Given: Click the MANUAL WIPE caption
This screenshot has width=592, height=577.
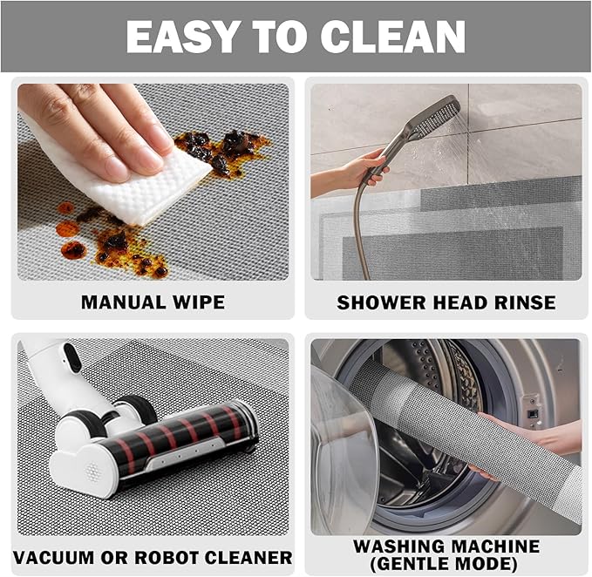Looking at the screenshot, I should (153, 302).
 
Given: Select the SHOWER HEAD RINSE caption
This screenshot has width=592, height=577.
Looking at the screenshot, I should (446, 302).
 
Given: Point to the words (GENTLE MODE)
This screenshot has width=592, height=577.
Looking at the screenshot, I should (446, 563).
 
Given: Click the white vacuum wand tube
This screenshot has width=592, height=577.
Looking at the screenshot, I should (48, 366).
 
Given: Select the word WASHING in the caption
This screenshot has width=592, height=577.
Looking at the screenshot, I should (401, 546).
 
